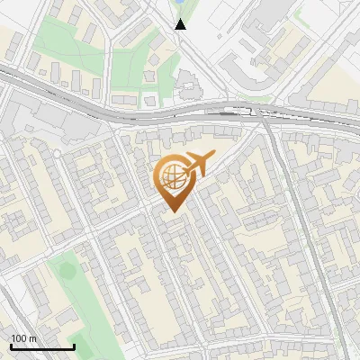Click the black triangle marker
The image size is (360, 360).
coord(180,23)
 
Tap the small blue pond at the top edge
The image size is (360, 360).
coord(180,4)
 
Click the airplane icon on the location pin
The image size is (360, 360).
coord(199,165)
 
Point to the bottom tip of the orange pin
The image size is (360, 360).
coord(173,212)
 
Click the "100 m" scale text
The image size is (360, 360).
coord(23,338)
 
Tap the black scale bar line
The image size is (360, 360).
coord(42,346)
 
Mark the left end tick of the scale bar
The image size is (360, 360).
coord(11,345)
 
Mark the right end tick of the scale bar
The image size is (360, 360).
coord(74,345)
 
